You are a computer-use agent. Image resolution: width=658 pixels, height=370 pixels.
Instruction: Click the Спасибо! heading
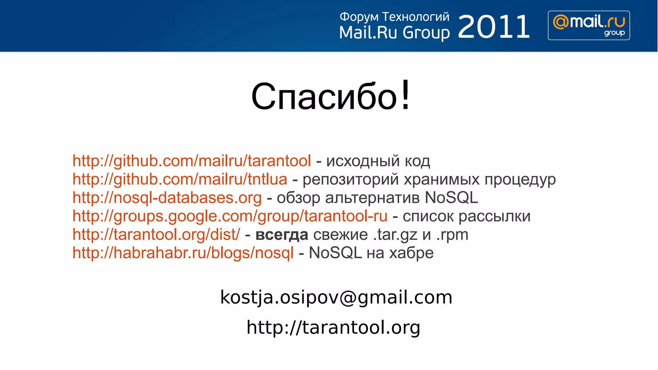tap(331, 96)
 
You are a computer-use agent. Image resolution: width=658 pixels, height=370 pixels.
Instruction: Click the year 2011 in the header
tap(494, 27)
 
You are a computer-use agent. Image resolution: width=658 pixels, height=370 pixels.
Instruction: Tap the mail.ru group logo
tap(589, 25)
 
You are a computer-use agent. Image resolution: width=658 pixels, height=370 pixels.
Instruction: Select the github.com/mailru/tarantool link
tap(191, 161)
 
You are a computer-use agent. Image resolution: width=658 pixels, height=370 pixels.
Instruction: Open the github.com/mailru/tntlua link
tap(180, 179)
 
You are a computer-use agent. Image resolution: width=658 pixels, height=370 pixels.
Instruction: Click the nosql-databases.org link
tap(167, 198)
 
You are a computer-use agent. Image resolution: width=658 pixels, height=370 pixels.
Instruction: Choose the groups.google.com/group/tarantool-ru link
tap(230, 216)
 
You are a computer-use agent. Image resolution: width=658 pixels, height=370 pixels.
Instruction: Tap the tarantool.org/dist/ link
tap(156, 234)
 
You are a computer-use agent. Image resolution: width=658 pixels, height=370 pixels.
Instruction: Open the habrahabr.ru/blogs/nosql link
tap(183, 253)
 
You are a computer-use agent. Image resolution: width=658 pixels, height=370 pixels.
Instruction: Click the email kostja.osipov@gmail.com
tap(336, 297)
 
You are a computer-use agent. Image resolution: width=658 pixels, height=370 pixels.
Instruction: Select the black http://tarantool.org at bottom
tap(333, 327)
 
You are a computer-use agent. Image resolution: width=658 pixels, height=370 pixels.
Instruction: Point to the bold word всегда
tap(281, 235)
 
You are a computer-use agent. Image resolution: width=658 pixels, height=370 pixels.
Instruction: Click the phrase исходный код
tap(378, 161)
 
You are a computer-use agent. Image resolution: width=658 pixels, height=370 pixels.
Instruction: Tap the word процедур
tap(520, 180)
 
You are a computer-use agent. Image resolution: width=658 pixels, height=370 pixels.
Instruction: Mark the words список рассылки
tap(466, 216)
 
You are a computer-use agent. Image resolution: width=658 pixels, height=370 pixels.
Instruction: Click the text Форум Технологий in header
tap(394, 17)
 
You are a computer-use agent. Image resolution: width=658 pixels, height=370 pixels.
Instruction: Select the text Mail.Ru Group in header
tap(394, 33)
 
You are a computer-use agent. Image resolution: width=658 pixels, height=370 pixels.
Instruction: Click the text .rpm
tap(452, 235)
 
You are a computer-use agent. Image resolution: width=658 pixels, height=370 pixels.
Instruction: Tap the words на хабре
tap(400, 253)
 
